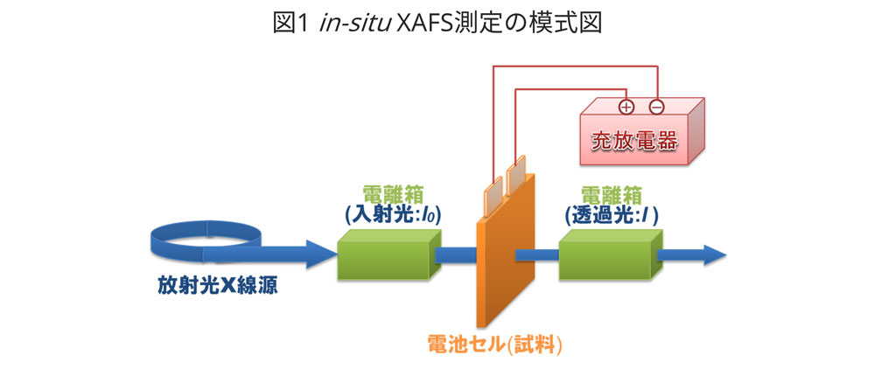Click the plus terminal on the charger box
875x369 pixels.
(626, 108)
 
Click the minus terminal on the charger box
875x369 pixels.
(656, 108)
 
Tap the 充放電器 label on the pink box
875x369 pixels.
(634, 141)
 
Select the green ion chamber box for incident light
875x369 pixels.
(388, 255)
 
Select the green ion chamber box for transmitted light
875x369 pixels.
(607, 255)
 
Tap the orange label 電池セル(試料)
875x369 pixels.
(494, 344)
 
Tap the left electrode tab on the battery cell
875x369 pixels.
(494, 185)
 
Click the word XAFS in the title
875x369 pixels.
(430, 24)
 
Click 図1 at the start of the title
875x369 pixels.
(289, 24)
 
